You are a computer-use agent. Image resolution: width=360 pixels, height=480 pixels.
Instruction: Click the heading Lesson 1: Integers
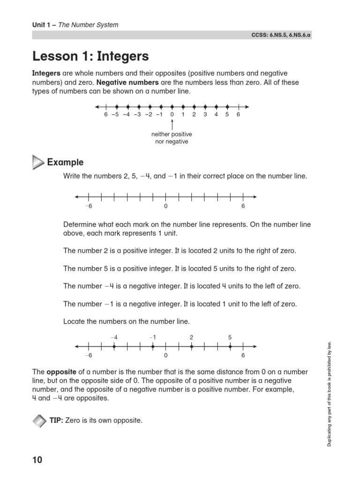pos(90,57)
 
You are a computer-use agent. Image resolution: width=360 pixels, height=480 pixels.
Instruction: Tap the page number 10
pos(37,460)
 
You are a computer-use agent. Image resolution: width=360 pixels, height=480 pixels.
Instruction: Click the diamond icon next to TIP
pos(39,420)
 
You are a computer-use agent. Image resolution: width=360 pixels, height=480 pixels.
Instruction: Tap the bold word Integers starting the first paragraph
pos(46,74)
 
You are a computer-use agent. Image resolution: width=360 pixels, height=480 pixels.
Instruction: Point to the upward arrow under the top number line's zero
pos(172,125)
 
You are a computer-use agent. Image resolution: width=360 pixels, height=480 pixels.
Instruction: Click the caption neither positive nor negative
pos(172,138)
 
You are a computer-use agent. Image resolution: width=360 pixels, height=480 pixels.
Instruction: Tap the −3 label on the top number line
pos(137,114)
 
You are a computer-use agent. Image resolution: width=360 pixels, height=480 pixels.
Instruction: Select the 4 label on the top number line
pos(216,114)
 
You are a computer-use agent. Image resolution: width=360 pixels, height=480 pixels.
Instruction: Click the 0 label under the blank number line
pos(165,206)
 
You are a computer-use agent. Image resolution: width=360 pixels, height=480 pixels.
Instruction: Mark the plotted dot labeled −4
pos(114,347)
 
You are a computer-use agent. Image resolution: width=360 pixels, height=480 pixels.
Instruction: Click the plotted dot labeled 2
pos(191,347)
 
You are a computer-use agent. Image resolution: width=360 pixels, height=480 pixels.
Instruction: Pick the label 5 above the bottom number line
pos(230,337)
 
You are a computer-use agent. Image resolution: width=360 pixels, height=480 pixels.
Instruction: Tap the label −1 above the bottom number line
pos(152,337)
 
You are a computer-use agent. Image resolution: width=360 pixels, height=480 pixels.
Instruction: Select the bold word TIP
pos(56,420)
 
